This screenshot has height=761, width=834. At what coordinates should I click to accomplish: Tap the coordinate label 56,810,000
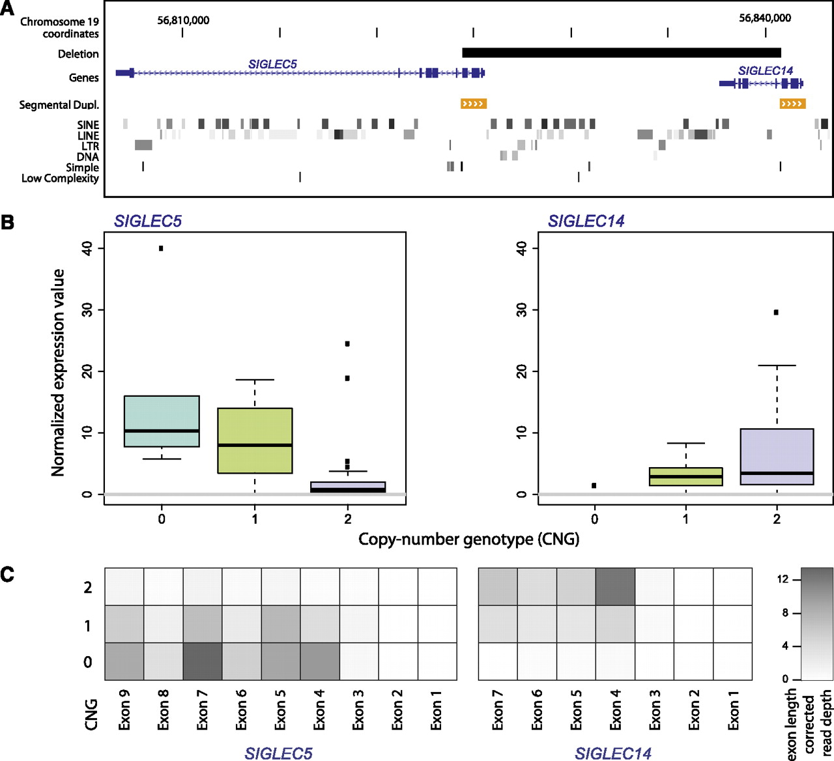[183, 20]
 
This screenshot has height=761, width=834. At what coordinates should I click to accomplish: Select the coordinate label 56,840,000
[764, 18]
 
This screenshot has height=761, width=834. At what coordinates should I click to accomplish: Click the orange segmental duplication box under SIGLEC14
[792, 104]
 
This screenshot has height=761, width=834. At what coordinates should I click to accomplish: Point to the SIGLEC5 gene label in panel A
[272, 64]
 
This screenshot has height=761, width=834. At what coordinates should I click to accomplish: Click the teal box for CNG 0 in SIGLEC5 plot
[162, 421]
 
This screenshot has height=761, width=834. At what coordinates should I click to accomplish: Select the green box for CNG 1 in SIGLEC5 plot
[255, 440]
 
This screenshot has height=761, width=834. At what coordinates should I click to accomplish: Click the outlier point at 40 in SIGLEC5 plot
[161, 248]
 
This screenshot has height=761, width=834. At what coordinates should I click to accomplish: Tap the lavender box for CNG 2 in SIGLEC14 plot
[777, 456]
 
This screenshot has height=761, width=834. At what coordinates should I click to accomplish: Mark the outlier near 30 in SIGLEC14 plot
[776, 312]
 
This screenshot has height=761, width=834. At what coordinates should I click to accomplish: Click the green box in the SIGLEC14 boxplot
[685, 476]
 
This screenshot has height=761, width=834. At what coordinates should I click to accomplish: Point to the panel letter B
[8, 222]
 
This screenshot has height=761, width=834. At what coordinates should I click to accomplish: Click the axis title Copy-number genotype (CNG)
[468, 539]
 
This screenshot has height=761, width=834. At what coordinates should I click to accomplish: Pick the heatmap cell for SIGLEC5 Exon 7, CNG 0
[203, 662]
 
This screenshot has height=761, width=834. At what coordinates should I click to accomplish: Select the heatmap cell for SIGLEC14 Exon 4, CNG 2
[615, 586]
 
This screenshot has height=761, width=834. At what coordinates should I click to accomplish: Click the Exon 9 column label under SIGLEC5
[124, 708]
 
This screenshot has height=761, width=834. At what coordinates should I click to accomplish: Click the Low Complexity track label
[60, 178]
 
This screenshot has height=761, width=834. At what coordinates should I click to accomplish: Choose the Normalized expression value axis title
[58, 372]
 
